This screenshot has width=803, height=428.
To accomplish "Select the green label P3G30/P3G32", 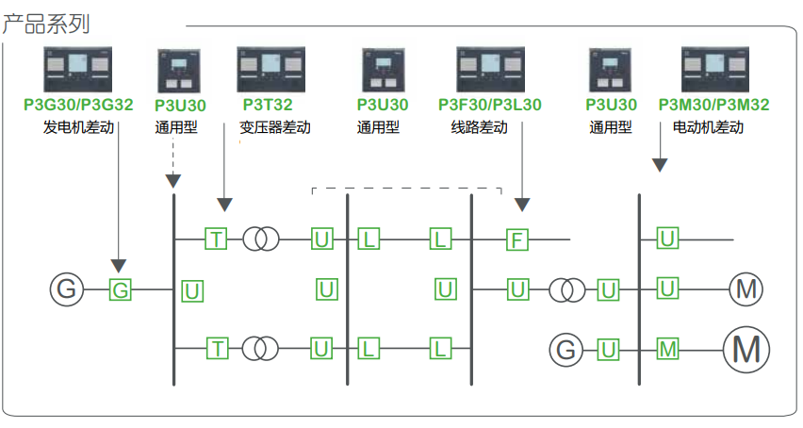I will click(78, 105).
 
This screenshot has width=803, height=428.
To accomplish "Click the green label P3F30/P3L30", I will click(490, 105).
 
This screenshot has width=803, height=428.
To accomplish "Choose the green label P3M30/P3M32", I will click(713, 105).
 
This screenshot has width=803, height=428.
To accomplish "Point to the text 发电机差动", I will click(78, 127).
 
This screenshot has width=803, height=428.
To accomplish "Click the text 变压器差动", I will click(274, 127).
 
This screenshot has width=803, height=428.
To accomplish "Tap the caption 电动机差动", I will click(708, 127).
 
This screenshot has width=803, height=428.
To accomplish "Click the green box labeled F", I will click(516, 239).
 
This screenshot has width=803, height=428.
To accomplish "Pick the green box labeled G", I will click(121, 290).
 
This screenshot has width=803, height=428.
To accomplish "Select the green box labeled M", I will click(667, 351).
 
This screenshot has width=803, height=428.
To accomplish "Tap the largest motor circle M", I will click(746, 350).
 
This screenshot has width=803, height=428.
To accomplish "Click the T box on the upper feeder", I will click(217, 239).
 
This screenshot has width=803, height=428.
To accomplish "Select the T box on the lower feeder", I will click(217, 350).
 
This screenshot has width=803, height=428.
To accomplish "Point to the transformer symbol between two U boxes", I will click(568, 290).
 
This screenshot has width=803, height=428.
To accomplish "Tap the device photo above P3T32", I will click(267, 70).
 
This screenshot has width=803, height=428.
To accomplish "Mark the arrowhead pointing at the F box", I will click(522, 205).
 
